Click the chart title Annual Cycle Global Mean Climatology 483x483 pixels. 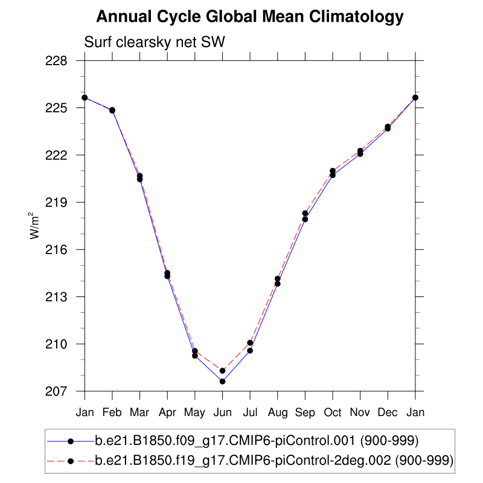click(x=249, y=17)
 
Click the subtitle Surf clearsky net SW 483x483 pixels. click(x=154, y=42)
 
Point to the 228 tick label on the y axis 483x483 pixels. click(x=63, y=61)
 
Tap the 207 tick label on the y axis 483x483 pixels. click(x=63, y=391)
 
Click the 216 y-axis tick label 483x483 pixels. click(x=63, y=249)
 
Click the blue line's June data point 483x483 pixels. click(x=222, y=382)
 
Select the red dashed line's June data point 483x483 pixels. click(x=222, y=371)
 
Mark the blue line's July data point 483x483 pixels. click(x=250, y=351)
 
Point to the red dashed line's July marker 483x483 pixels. click(x=250, y=343)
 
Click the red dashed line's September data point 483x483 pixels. click(x=305, y=213)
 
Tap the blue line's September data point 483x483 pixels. click(x=305, y=219)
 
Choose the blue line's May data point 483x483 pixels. click(x=195, y=356)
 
